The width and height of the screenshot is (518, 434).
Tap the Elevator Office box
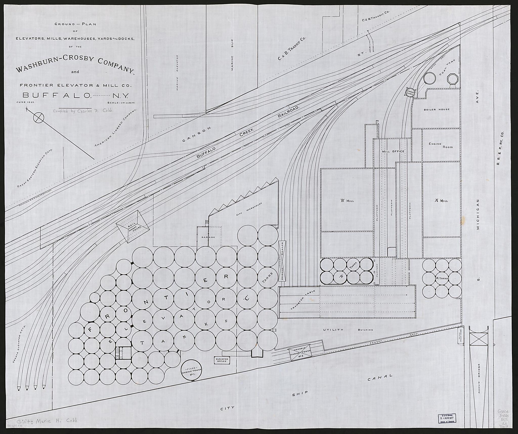tap(222, 360)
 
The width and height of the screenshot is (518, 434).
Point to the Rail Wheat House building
tap(133, 226)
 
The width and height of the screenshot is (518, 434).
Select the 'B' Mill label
tap(347, 201)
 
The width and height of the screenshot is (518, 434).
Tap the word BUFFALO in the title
tap(57, 95)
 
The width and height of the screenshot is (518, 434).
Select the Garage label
tap(208, 237)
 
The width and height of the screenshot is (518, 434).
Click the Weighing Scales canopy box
tap(282, 261)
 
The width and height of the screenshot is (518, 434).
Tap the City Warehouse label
tap(249, 209)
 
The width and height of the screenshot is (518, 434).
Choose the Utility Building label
tap(348, 330)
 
